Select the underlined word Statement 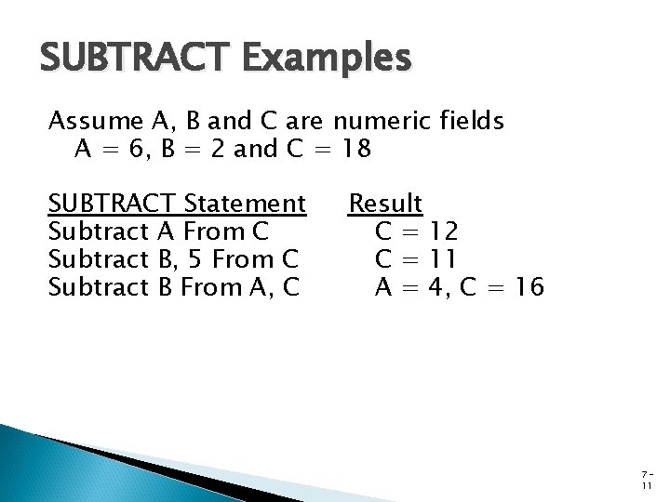[246, 203]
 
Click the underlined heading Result [385, 203]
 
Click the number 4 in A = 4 [434, 288]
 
